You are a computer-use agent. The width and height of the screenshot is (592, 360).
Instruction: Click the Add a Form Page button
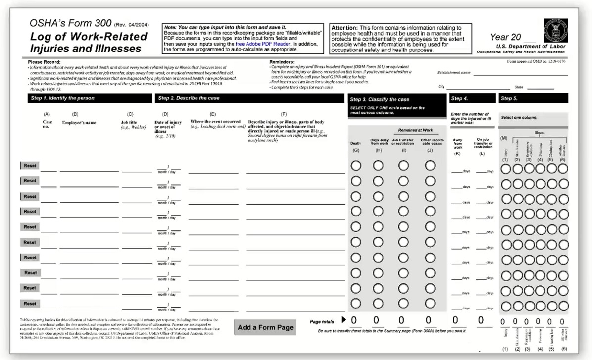coord(265,327)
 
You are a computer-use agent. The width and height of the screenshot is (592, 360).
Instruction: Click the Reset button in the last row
coord(30,304)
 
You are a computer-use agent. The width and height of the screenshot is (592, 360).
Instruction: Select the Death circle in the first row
coord(356,166)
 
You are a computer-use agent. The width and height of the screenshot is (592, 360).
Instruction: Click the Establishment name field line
coord(520,74)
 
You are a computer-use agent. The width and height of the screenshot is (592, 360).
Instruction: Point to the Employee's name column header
coord(79,122)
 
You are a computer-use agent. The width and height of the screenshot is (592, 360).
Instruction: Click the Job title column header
coord(131,122)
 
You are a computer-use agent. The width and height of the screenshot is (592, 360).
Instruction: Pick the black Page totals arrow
coord(344,320)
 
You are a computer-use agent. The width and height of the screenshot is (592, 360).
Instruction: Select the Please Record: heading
coord(44,62)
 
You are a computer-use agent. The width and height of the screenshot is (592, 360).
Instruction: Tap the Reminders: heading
coord(283,62)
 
